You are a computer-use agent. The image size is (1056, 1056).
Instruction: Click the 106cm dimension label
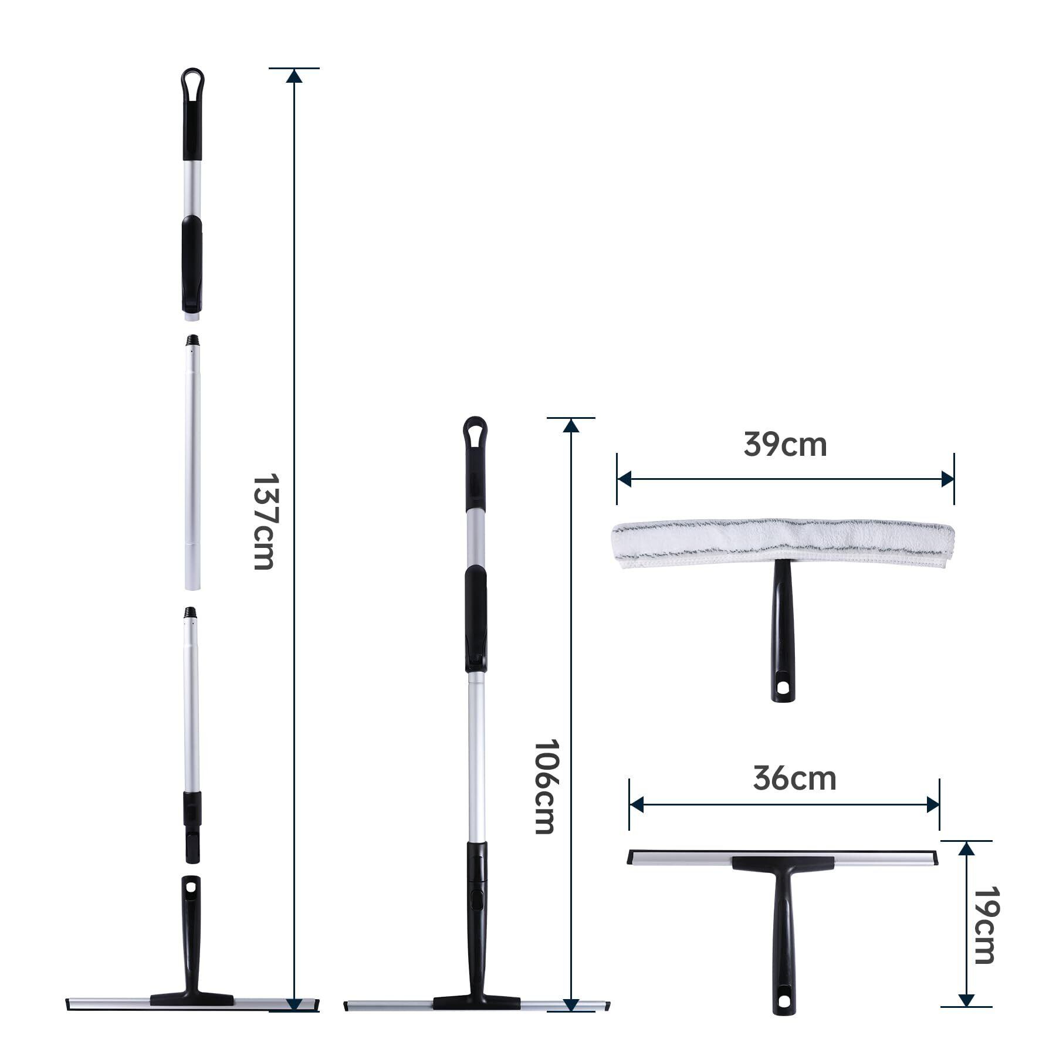tap(544, 786)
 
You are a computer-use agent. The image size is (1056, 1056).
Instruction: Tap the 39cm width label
tap(785, 445)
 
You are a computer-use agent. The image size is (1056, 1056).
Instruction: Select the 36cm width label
tap(794, 779)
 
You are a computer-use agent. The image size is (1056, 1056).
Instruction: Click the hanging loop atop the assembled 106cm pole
tap(475, 432)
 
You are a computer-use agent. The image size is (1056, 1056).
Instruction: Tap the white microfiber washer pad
tap(783, 543)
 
